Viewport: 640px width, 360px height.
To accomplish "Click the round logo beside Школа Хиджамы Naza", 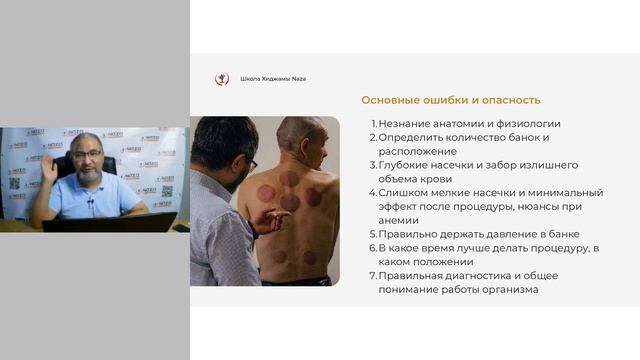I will pos(222,79).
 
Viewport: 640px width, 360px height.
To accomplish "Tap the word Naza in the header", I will pos(297,79).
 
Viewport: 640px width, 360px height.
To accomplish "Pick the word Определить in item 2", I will pos(414,137).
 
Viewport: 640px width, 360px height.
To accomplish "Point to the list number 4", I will pos(373,192).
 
